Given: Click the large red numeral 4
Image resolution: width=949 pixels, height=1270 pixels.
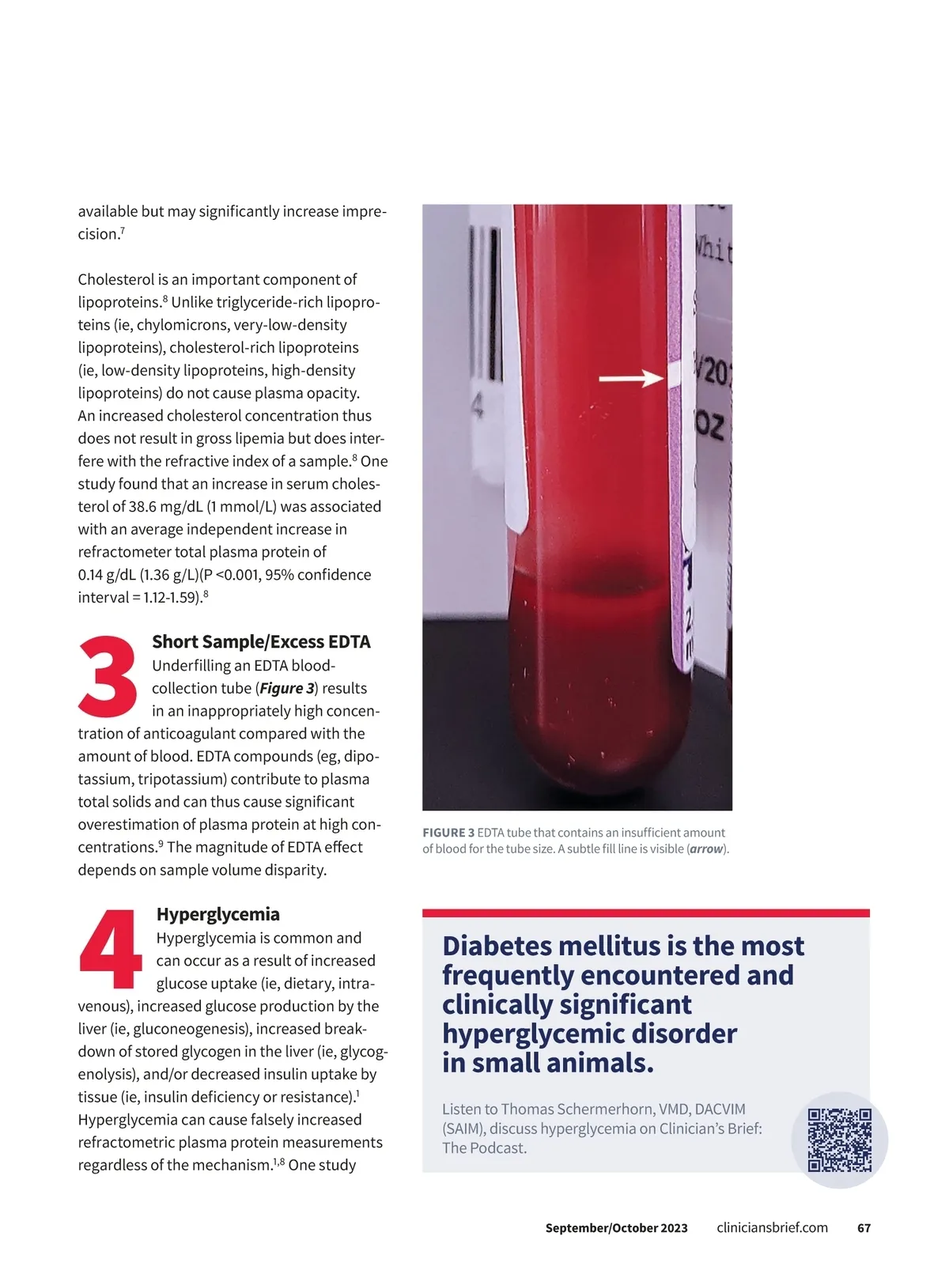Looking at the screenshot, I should click(111, 949).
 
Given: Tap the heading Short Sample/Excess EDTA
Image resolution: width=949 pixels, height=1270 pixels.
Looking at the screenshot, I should click(261, 642).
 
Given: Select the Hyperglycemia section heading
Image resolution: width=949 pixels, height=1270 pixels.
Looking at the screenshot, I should click(218, 914).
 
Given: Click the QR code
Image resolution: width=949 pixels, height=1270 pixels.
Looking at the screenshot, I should click(839, 1140).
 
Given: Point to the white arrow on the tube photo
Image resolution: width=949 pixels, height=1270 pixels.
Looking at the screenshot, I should click(630, 379).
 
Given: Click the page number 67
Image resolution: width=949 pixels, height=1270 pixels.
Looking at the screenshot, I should click(864, 1228).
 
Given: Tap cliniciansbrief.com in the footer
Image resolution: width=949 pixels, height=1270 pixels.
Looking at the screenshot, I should click(772, 1227).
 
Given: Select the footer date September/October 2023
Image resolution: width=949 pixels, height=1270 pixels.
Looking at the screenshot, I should click(616, 1228).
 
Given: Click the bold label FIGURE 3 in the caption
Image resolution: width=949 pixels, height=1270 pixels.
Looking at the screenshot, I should click(448, 833).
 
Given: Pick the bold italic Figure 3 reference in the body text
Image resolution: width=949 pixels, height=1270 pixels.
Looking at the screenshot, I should click(287, 688).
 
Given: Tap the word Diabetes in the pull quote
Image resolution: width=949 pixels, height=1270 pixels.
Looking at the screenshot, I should click(496, 946).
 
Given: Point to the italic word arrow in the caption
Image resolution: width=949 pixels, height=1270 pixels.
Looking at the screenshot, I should click(706, 849).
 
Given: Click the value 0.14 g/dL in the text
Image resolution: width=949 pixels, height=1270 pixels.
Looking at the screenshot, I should click(106, 575).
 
